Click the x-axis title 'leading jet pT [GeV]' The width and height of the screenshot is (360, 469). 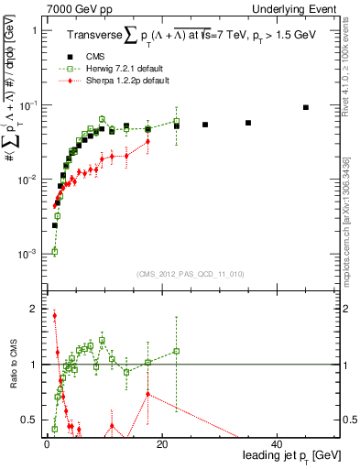[x=292, y=455]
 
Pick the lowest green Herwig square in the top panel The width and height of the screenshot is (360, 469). [x=55, y=251]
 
